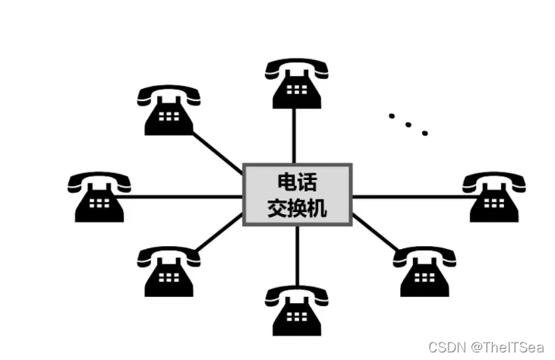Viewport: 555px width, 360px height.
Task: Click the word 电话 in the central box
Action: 297,182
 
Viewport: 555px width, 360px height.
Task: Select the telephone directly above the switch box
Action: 295,85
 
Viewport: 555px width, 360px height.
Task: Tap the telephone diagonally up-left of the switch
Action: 169,111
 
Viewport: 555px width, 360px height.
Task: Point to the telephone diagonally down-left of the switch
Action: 169,271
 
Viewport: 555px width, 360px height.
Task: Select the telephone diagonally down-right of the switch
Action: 424,271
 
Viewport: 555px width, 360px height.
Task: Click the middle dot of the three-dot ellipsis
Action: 408,125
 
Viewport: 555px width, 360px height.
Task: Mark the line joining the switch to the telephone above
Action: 295,137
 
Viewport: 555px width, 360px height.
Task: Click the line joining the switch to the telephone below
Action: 296,254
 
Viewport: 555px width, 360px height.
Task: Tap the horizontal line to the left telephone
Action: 182,197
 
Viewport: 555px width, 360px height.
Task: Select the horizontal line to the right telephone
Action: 410,196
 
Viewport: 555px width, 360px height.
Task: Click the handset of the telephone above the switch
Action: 295,69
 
